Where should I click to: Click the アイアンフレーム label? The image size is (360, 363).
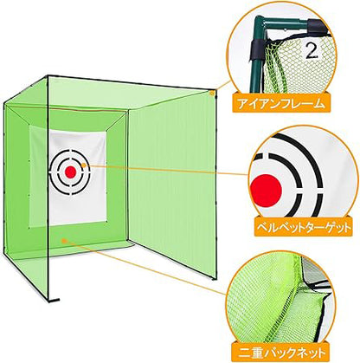pyautogui.click(x=280, y=103)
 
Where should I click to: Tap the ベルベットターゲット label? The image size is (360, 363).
pyautogui.click(x=303, y=227)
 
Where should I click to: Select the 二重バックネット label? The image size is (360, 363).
pyautogui.click(x=280, y=352)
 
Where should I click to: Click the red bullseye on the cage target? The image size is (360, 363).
pyautogui.click(x=70, y=172)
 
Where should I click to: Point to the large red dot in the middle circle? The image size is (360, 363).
pyautogui.click(x=266, y=191)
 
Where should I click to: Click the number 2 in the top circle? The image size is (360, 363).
pyautogui.click(x=312, y=51)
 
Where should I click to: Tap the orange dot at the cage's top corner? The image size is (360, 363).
pyautogui.click(x=212, y=93)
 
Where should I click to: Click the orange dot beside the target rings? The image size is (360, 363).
pyautogui.click(x=84, y=165)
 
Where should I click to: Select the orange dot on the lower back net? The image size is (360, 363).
pyautogui.click(x=64, y=240)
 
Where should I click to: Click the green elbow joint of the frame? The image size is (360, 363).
pyautogui.click(x=262, y=23)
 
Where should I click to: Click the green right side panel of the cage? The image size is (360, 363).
pyautogui.click(x=173, y=179)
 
